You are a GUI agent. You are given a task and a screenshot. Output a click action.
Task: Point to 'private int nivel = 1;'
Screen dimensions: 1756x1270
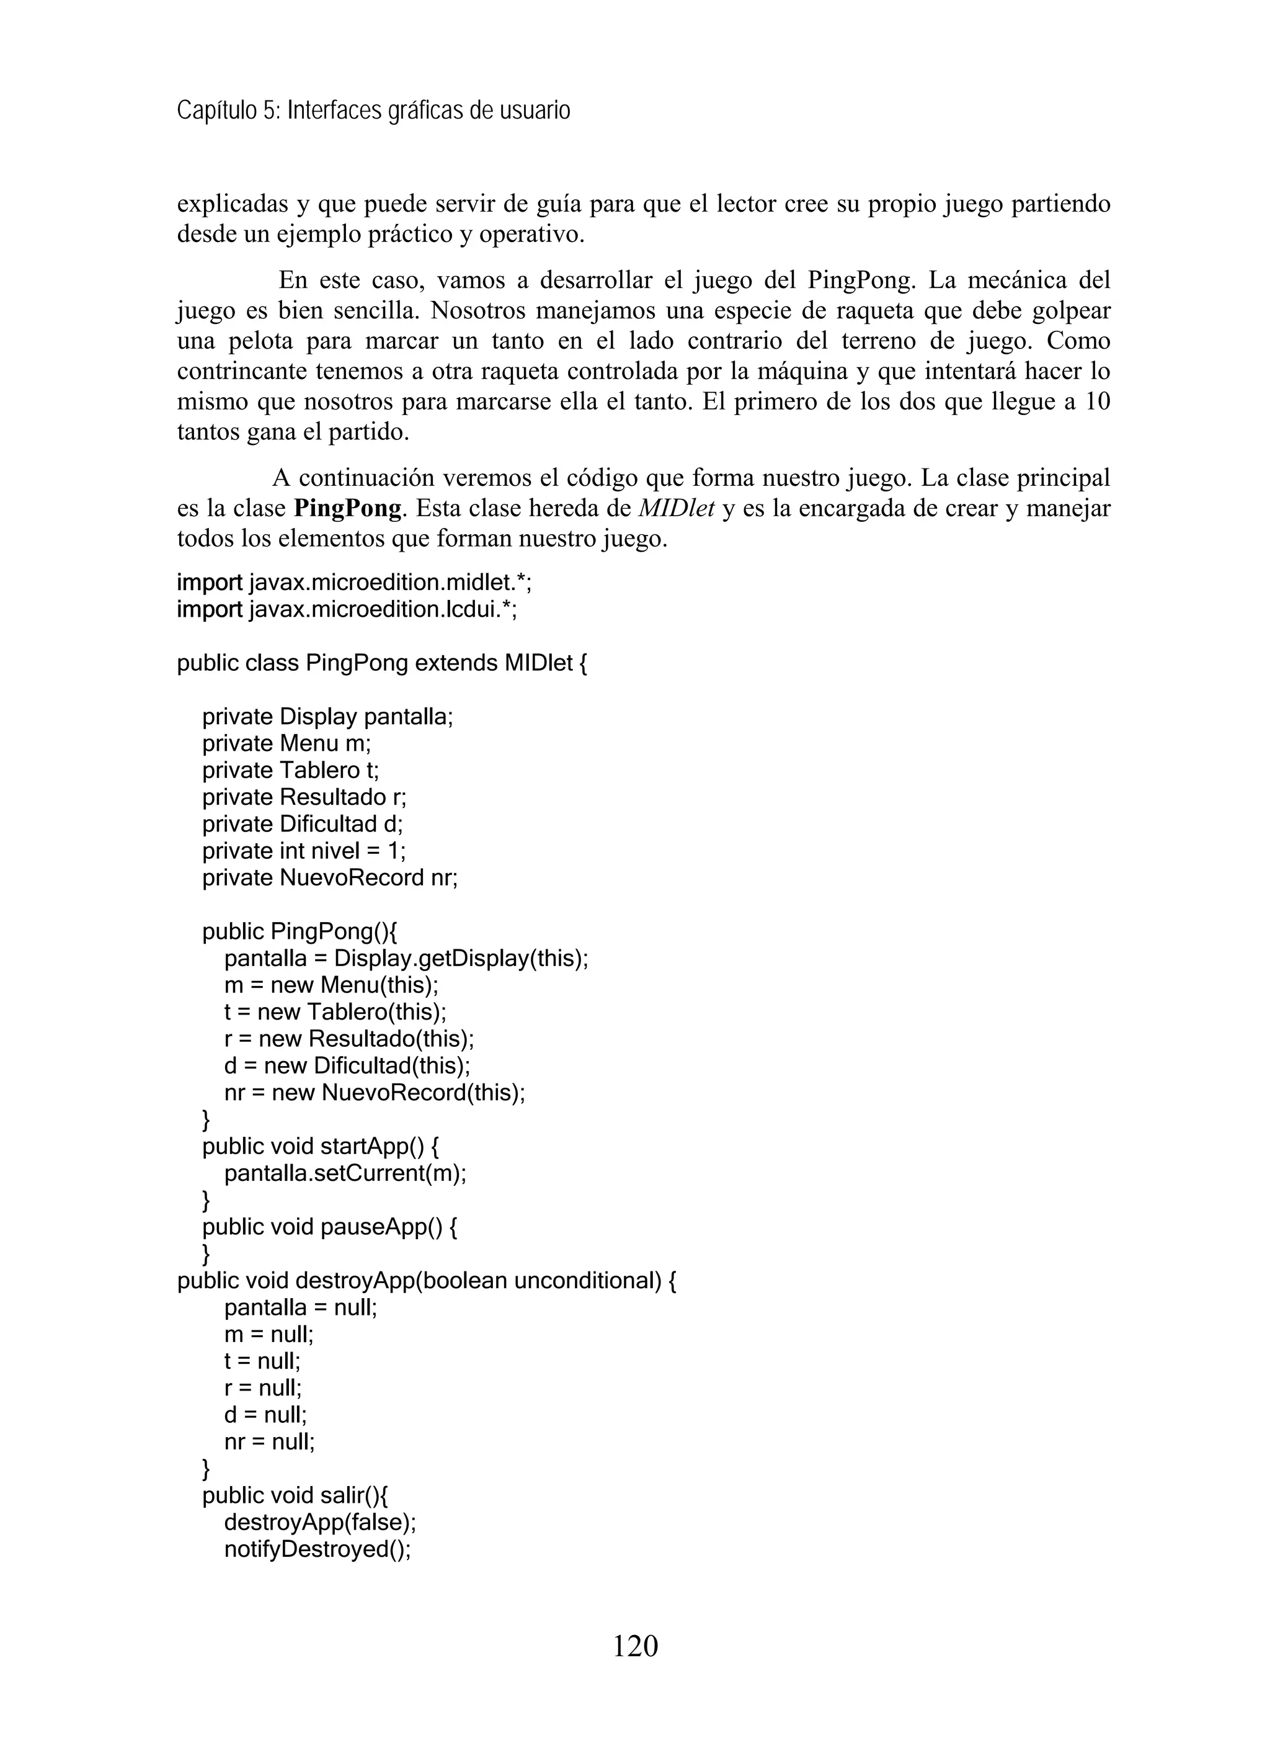pyautogui.click(x=303, y=851)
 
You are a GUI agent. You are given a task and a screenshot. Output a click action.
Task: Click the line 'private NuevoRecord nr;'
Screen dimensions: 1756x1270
pyautogui.click(x=330, y=878)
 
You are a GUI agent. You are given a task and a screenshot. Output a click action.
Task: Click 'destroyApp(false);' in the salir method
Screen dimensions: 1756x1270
pyautogui.click(x=319, y=1522)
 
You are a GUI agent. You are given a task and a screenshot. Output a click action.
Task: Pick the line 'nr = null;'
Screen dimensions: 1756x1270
pyautogui.click(x=269, y=1441)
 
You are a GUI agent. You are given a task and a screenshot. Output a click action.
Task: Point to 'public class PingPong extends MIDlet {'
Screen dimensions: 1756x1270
pyautogui.click(x=381, y=663)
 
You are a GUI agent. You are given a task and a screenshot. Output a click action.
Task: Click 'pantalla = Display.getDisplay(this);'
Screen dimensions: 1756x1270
pyautogui.click(x=406, y=959)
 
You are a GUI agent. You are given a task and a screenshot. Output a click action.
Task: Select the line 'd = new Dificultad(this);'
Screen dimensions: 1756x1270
pyautogui.click(x=347, y=1065)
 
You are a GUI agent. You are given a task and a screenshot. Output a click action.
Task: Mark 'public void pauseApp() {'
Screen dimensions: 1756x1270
pyautogui.click(x=329, y=1227)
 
